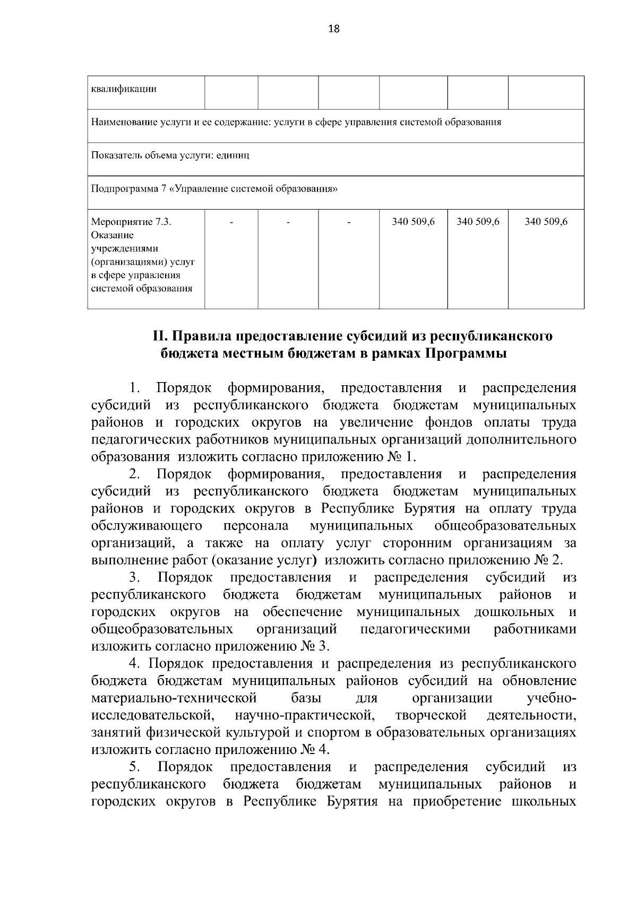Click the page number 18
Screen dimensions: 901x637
pyautogui.click(x=334, y=29)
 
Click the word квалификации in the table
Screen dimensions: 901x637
pyautogui.click(x=124, y=89)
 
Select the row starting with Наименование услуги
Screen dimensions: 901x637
pyautogui.click(x=296, y=123)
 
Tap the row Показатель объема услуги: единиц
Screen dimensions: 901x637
pyautogui.click(x=170, y=155)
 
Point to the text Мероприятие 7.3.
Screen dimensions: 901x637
pyautogui.click(x=131, y=222)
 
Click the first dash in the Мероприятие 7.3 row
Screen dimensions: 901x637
pyautogui.click(x=231, y=222)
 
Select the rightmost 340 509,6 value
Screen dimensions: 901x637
pyautogui.click(x=546, y=222)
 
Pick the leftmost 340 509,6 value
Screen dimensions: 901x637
pyautogui.click(x=413, y=222)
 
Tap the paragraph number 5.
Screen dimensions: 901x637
pyautogui.click(x=134, y=767)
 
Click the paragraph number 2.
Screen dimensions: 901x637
pyautogui.click(x=134, y=474)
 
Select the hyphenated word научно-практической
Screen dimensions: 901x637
pyautogui.click(x=305, y=715)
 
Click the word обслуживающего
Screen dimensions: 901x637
pyautogui.click(x=147, y=526)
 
